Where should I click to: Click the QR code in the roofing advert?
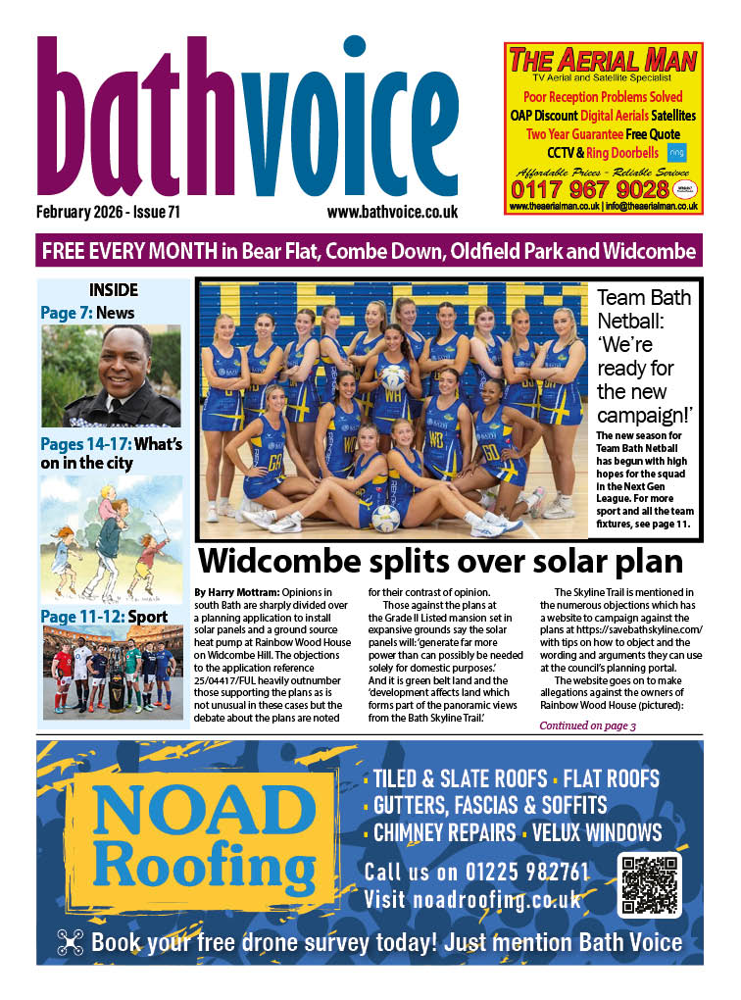(x=649, y=884)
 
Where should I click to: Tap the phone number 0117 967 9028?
(x=602, y=188)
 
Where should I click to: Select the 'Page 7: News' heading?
(x=87, y=313)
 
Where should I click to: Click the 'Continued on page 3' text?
(x=588, y=725)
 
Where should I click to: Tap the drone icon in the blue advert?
(x=71, y=942)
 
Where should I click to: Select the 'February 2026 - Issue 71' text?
(x=108, y=211)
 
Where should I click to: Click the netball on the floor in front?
(x=386, y=518)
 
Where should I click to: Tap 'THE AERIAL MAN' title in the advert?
(x=603, y=60)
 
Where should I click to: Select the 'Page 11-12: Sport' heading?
(x=104, y=617)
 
